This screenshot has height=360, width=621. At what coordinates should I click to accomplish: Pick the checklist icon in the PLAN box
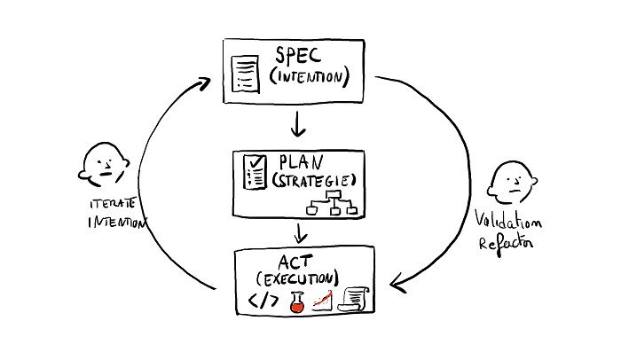pos(252,172)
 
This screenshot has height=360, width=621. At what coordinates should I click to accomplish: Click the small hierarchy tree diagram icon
pos(330,207)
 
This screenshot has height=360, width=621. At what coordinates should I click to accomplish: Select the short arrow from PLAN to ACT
pos(301,232)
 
